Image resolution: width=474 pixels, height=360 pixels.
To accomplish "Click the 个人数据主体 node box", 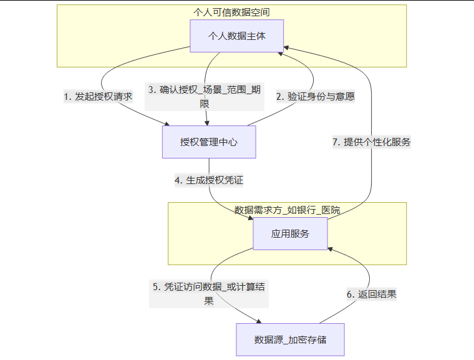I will [236, 36].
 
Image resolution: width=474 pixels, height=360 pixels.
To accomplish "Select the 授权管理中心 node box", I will [209, 142].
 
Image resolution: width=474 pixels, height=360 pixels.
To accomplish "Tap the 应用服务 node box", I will [290, 234].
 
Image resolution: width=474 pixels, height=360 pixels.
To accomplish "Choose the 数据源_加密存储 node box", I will [290, 340].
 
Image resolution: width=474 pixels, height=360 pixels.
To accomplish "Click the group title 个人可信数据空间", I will [232, 12].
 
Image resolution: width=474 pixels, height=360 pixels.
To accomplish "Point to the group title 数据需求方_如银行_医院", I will [287, 210].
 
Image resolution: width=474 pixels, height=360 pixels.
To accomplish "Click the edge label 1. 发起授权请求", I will [98, 97].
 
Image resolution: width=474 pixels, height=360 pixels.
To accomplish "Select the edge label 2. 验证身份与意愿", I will [316, 97].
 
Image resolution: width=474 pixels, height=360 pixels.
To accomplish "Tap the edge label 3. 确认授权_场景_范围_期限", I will [205, 96].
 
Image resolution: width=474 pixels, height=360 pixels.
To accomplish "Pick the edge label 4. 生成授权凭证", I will [208, 180].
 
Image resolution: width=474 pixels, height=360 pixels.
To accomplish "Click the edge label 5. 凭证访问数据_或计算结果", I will [209, 294].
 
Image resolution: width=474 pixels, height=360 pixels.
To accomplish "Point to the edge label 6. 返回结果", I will [372, 294].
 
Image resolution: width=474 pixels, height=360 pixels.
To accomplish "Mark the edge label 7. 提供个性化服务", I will [371, 142].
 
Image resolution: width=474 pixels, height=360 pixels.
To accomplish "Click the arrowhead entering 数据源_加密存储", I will [258, 321].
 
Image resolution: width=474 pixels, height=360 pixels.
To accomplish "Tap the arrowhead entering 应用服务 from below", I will [328, 248].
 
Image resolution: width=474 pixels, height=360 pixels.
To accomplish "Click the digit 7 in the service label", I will [336, 142].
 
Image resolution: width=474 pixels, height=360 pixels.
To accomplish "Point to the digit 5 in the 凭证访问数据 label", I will [156, 287].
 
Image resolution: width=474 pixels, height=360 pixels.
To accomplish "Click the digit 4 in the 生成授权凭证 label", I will [178, 181].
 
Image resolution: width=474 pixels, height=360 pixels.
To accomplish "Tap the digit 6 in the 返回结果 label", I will [351, 294].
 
